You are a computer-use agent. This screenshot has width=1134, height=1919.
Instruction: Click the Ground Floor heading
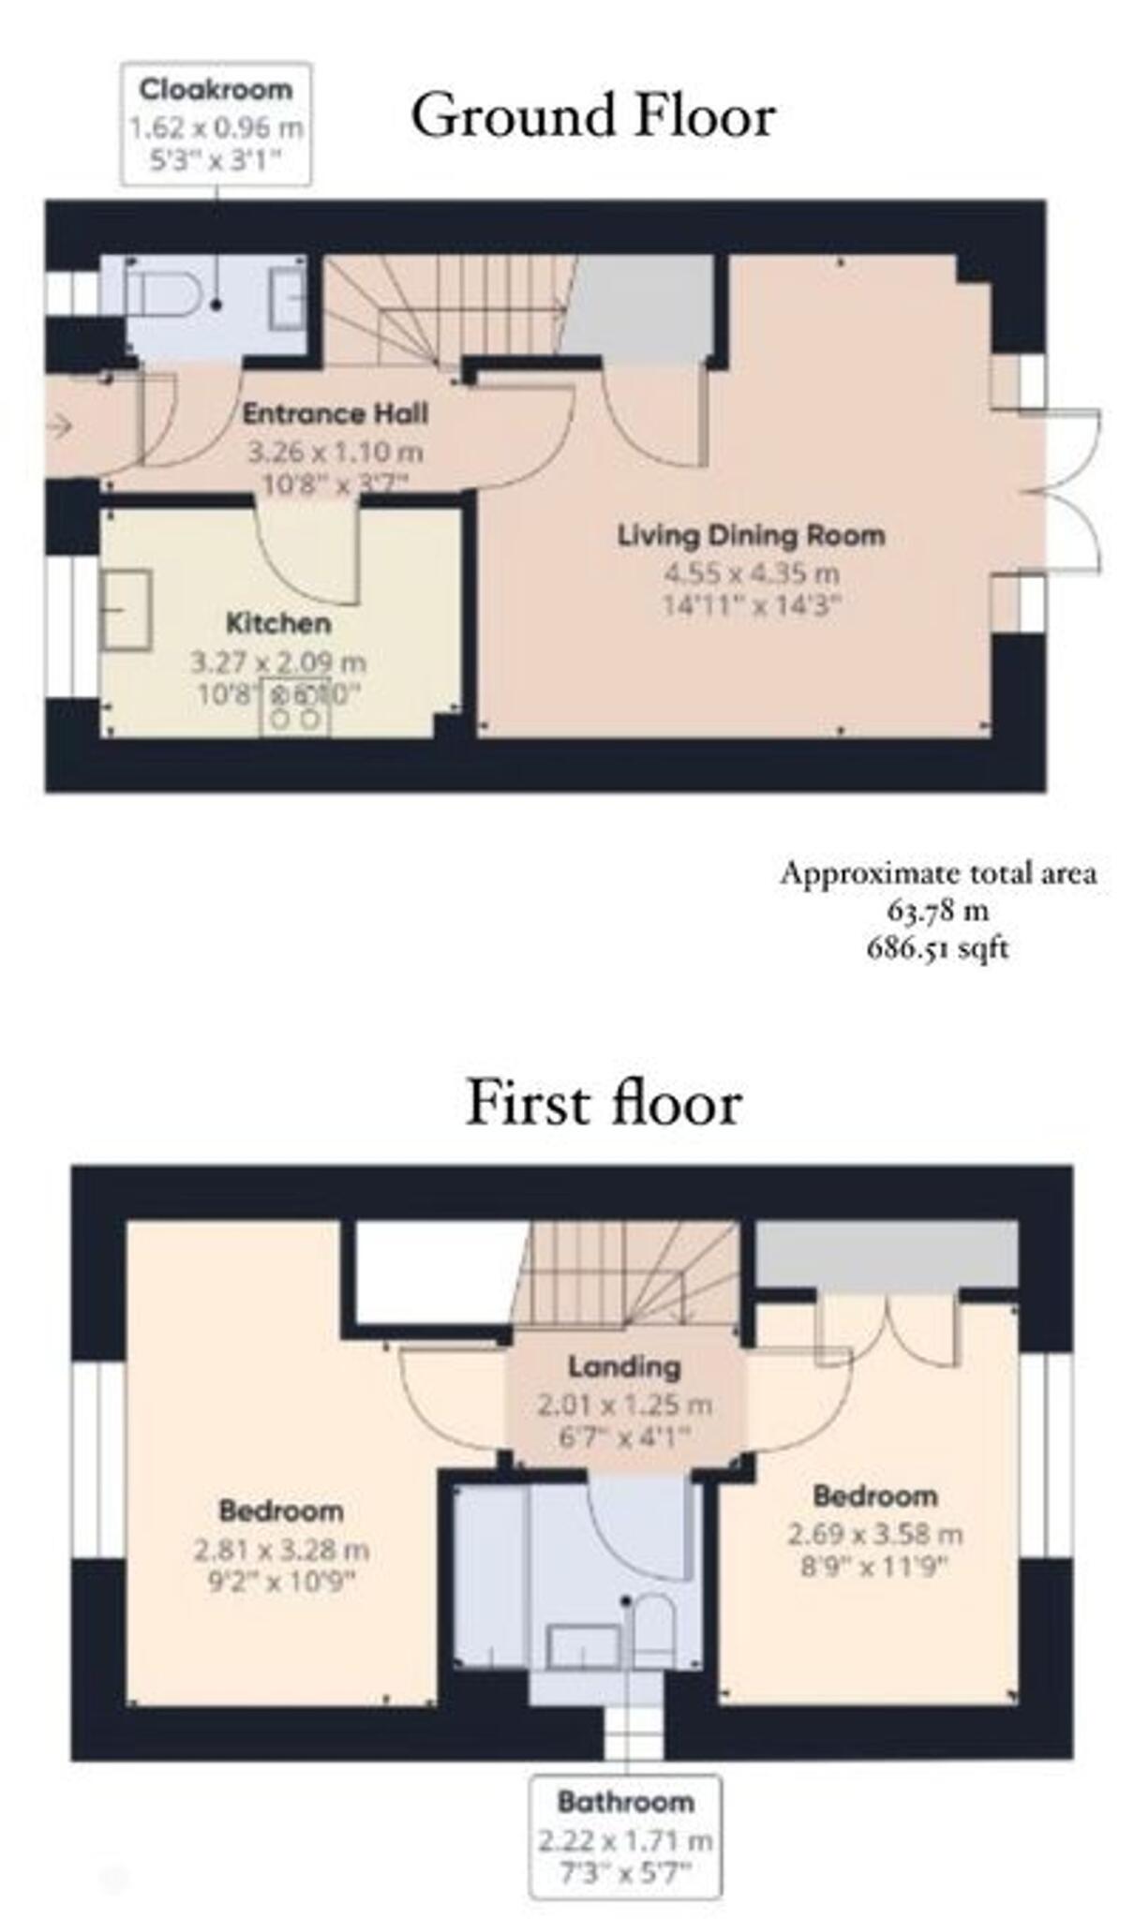point(592,116)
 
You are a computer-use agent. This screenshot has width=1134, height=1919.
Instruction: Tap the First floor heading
point(604,1103)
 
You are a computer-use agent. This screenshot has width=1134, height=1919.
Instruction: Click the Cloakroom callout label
point(216,90)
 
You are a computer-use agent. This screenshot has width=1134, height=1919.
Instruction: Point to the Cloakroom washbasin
point(286,297)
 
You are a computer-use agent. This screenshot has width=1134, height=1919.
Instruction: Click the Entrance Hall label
point(336,413)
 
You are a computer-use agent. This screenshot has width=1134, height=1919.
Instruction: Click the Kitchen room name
point(278,623)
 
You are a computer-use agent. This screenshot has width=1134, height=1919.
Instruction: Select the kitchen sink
point(127,609)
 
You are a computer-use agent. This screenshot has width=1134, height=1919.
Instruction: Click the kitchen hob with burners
point(296,707)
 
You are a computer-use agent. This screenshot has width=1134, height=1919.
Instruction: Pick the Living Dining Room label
point(751,536)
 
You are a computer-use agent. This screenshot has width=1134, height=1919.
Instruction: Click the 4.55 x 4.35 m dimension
point(751,572)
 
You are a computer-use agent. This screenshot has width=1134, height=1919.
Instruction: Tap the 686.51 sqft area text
point(937,948)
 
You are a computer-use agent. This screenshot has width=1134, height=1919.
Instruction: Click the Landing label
point(624,1367)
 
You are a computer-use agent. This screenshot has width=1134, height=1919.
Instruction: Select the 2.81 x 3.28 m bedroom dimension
point(281,1550)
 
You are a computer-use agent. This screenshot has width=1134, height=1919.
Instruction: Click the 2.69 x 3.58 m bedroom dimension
point(874,1534)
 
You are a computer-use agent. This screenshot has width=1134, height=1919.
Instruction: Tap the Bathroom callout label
point(625,1802)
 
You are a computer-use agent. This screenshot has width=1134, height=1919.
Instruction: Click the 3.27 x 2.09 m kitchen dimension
point(278,662)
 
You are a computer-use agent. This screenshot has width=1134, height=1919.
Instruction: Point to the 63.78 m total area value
point(937,910)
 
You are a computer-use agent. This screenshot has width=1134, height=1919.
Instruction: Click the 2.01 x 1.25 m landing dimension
point(624,1405)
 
